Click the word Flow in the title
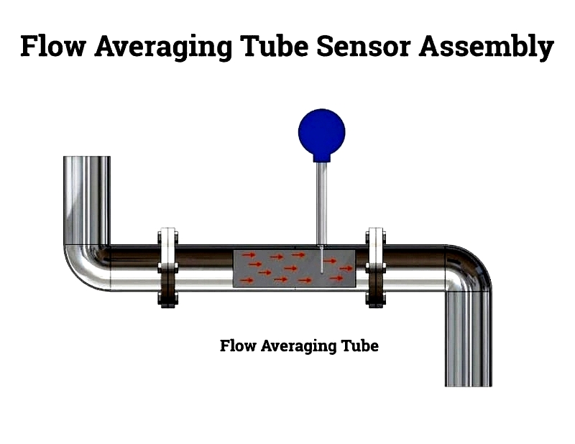point(53,46)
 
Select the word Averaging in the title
point(164,47)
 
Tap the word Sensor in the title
point(363,46)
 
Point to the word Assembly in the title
point(487,47)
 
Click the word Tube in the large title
point(275,46)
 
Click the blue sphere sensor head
point(321,132)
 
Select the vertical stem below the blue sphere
point(321,203)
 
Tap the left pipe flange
point(168,268)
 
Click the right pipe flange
point(375,268)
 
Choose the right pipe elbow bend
point(469,268)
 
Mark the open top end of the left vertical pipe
point(87,157)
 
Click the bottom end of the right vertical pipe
point(469,385)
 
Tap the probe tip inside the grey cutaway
point(321,272)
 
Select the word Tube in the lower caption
point(360,346)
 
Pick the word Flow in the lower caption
point(238,346)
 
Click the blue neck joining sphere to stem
point(321,158)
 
